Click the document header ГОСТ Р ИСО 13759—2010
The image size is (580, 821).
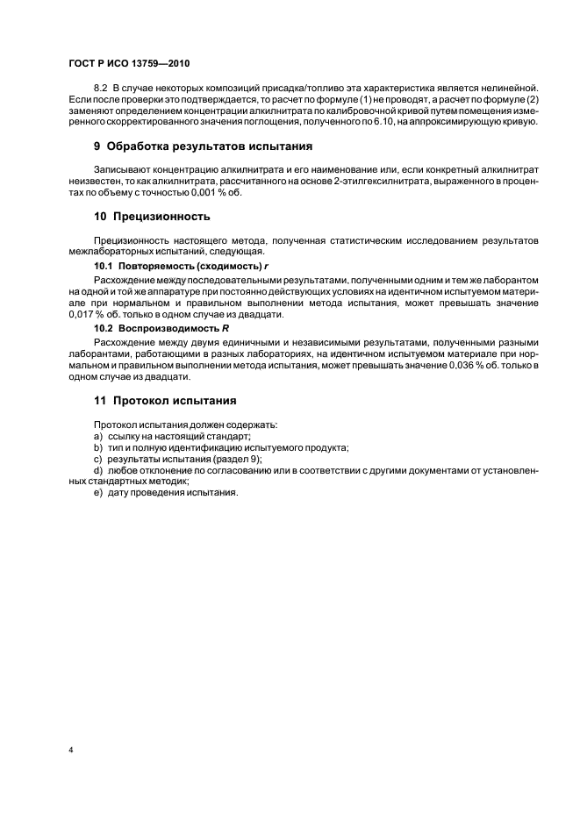[x=129, y=64]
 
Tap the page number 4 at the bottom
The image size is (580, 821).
[x=70, y=750]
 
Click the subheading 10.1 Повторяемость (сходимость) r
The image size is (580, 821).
[x=167, y=265]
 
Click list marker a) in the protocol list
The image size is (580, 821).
[x=98, y=436]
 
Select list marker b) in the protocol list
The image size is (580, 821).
[x=98, y=447]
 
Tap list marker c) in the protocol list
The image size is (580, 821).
[x=98, y=459]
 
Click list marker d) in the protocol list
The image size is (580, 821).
[x=98, y=470]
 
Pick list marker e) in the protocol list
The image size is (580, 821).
[x=98, y=492]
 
